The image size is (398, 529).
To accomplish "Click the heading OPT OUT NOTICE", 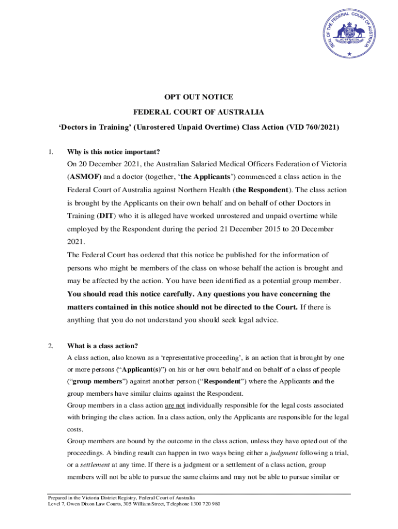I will pos(199,97).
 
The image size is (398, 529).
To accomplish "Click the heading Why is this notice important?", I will pos(114,152).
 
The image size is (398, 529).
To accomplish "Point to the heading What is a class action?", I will pos(102,346).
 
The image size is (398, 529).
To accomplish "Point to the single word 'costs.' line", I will pos(75,429).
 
